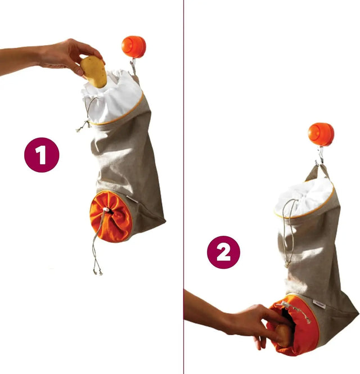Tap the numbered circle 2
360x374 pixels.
coord(223,252)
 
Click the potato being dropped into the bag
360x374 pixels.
coord(93,71)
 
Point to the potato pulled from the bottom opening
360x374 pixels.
coord(284,335)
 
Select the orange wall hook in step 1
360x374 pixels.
coord(134,47)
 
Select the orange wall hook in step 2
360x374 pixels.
coord(321,134)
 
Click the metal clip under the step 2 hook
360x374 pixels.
coord(319,155)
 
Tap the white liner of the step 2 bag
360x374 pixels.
coord(304,197)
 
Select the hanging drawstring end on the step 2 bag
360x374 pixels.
coord(287,247)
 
